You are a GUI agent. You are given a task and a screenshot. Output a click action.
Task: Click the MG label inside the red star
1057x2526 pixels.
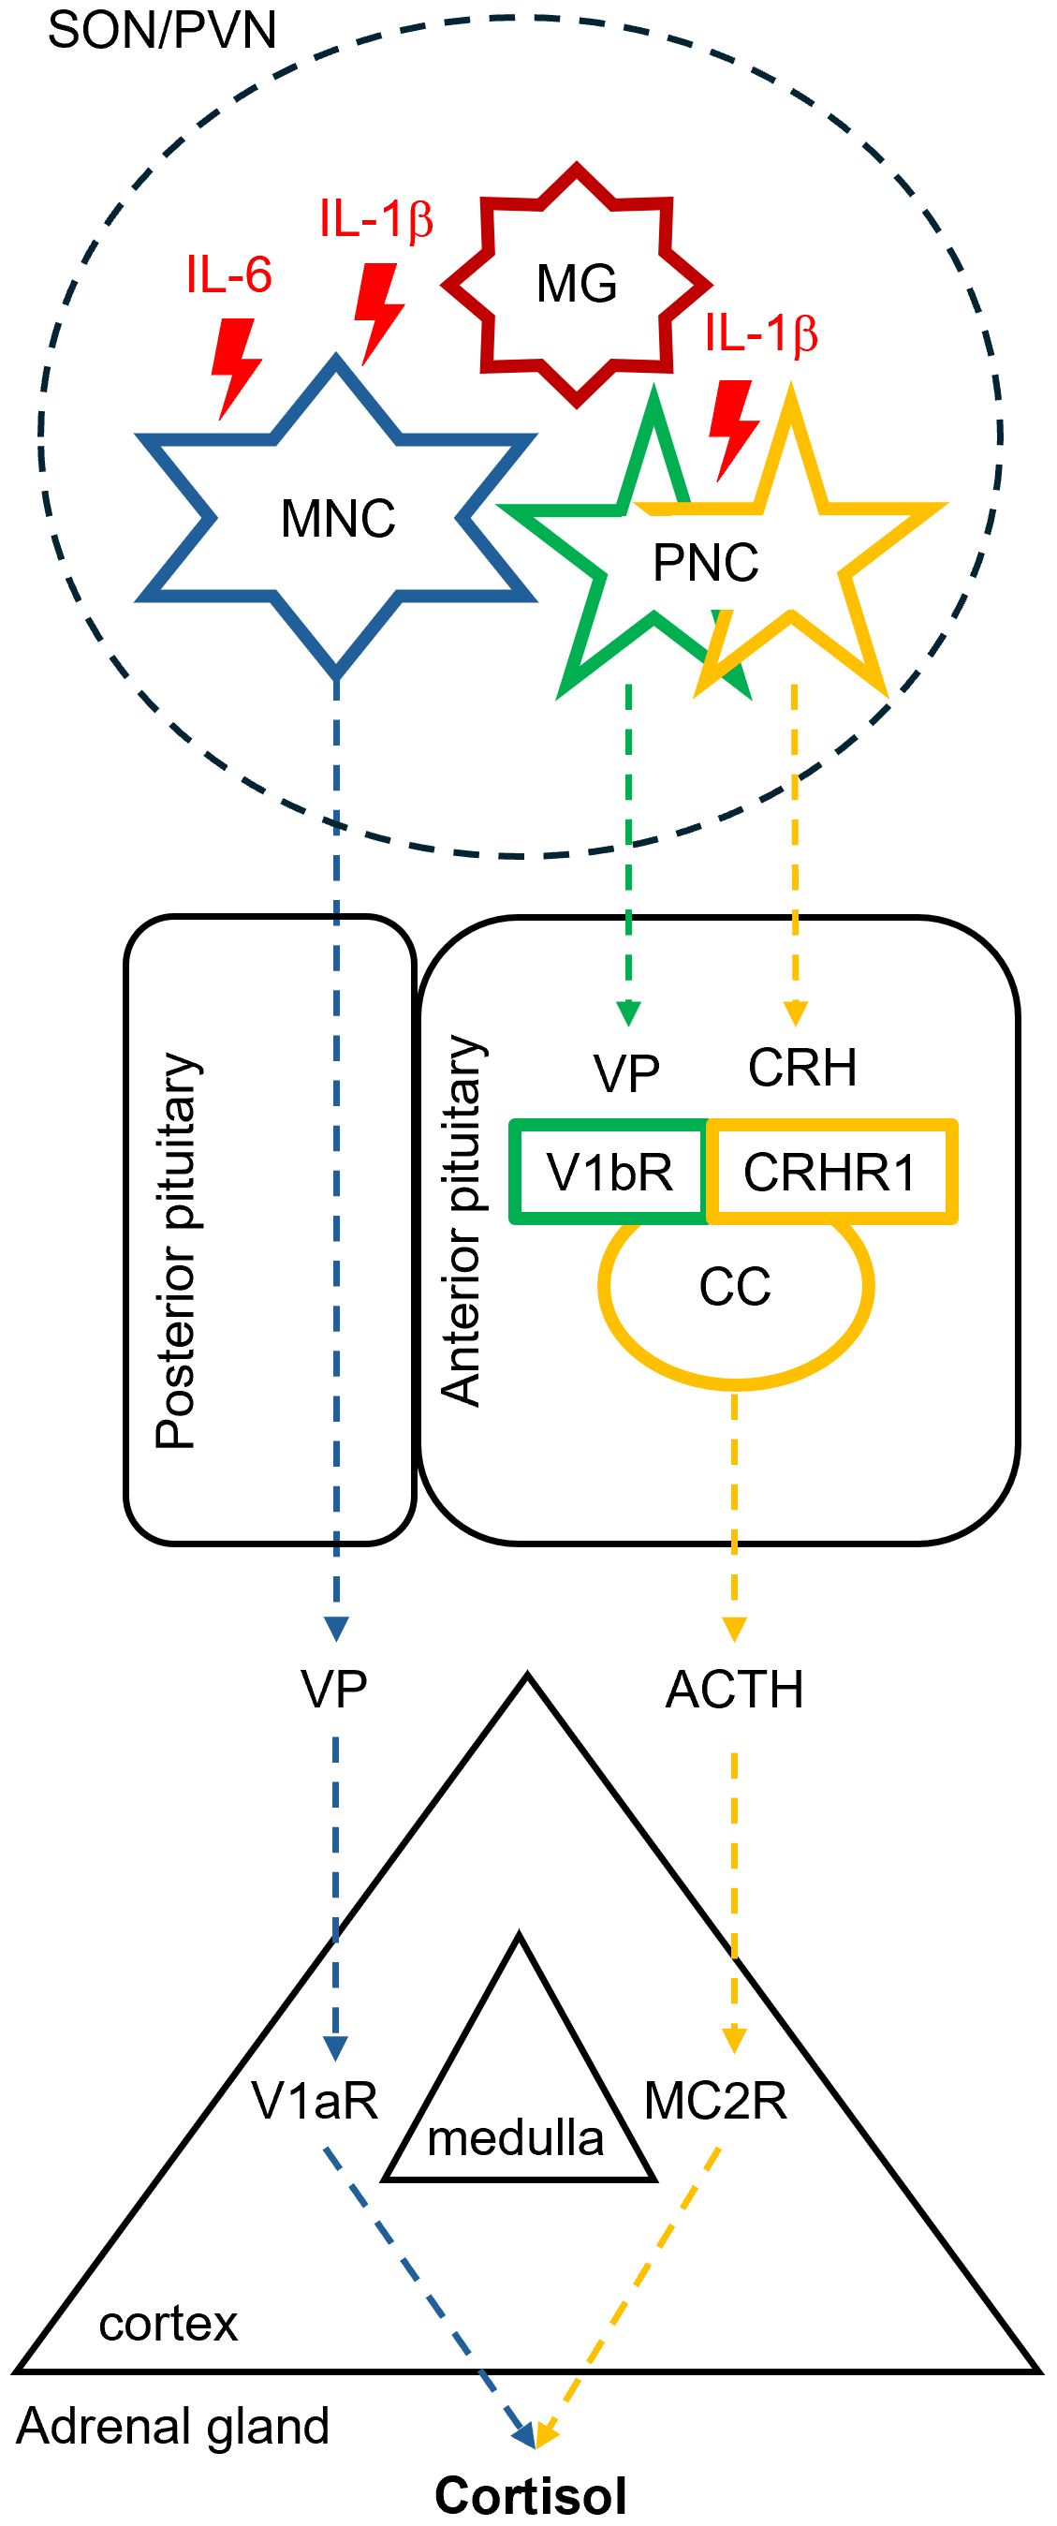(577, 286)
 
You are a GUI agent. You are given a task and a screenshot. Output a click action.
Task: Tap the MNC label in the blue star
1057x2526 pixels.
(337, 519)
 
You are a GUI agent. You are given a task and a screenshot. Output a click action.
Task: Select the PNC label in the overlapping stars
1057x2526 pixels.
(705, 563)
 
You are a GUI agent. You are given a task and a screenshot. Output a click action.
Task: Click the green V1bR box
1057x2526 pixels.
(609, 1172)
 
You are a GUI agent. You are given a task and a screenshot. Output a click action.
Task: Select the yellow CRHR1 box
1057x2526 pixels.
(830, 1172)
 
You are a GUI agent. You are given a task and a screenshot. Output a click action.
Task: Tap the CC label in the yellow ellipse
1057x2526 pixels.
(734, 1287)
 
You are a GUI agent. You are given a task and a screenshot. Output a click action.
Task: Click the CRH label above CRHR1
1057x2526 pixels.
(802, 1068)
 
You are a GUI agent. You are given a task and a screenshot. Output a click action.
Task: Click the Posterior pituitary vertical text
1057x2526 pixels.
(178, 1251)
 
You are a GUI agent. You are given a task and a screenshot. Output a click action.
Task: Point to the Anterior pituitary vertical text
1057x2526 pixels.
(461, 1220)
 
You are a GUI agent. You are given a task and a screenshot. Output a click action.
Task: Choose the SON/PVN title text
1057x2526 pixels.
(162, 32)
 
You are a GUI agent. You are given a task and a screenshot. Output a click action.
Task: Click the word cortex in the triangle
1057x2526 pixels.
(169, 2324)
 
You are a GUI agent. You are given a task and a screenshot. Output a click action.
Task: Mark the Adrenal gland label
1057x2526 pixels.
(172, 2426)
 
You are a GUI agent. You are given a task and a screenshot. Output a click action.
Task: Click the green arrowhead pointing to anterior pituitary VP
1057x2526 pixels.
(628, 1012)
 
